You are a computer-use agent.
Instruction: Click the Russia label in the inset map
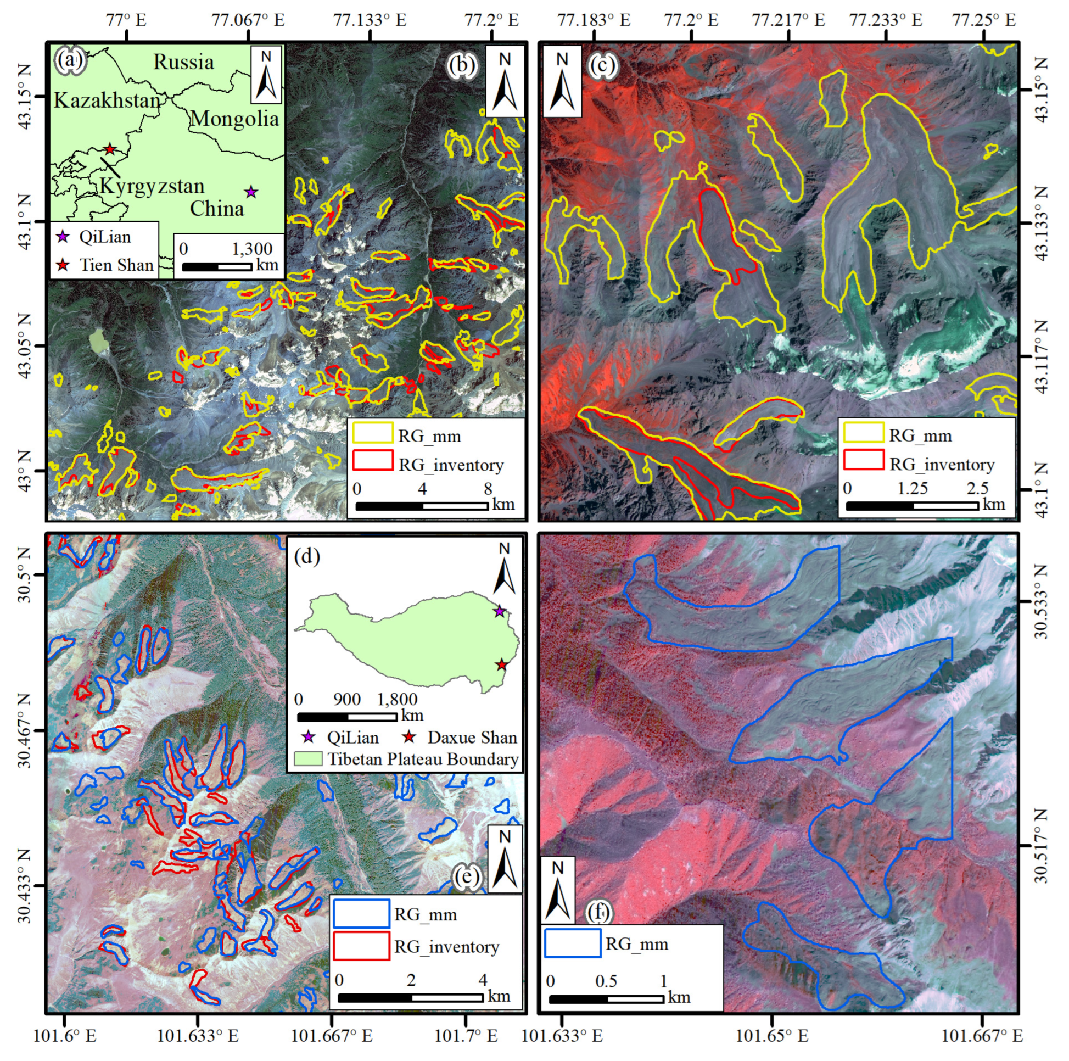click(x=183, y=62)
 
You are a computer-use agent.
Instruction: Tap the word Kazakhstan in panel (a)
click(x=107, y=100)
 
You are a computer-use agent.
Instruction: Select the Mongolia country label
click(x=234, y=119)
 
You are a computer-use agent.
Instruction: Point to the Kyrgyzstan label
click(x=152, y=186)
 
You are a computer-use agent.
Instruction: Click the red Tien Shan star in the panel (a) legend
click(x=63, y=265)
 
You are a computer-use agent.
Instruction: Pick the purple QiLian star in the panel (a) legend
click(x=63, y=237)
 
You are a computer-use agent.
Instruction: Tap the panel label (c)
click(x=601, y=65)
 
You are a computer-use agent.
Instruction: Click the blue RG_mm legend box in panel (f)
click(x=573, y=943)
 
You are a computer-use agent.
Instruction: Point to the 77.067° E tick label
click(x=248, y=20)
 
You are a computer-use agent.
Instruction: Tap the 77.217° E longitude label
click(x=788, y=20)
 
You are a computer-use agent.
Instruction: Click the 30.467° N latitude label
click(x=24, y=730)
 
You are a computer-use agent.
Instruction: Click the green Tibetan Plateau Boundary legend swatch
click(x=307, y=759)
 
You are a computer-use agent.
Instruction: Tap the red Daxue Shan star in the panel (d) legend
click(x=410, y=736)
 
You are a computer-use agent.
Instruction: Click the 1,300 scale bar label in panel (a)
click(x=252, y=249)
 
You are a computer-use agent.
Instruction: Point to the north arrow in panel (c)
click(x=562, y=82)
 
